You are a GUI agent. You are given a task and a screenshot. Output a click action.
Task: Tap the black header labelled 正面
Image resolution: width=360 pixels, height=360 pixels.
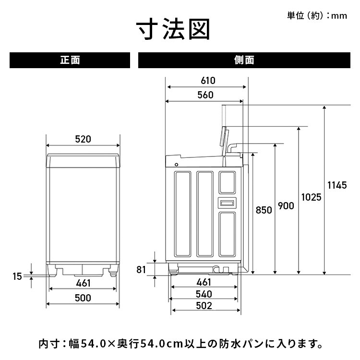click(70, 60)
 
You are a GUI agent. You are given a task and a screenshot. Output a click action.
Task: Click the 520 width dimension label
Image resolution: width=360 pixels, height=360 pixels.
click(83, 140)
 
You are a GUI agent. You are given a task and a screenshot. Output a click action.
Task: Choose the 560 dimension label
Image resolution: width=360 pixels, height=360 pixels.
click(205, 95)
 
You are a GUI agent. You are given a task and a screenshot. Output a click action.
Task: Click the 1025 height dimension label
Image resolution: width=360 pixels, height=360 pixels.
click(311, 197)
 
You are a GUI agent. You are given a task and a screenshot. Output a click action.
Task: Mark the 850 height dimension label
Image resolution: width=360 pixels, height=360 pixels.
click(264, 210)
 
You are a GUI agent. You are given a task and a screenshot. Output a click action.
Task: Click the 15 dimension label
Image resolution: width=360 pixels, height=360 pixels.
click(17, 276)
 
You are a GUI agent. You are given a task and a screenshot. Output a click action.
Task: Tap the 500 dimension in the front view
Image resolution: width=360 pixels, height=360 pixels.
click(83, 298)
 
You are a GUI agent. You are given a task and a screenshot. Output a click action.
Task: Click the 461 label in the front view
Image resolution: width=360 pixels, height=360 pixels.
click(83, 284)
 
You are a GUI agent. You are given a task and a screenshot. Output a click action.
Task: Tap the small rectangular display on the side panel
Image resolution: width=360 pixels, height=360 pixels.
click(227, 202)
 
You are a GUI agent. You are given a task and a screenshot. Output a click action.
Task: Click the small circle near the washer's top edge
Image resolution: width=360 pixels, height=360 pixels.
click(177, 164)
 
